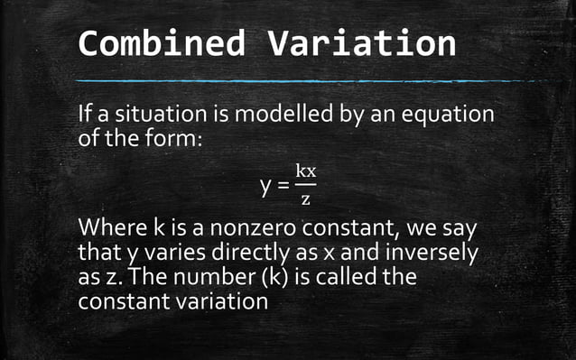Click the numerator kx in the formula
click(305, 171)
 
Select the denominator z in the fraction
click(305, 198)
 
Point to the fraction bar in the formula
click(305, 185)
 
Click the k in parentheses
click(285, 275)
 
